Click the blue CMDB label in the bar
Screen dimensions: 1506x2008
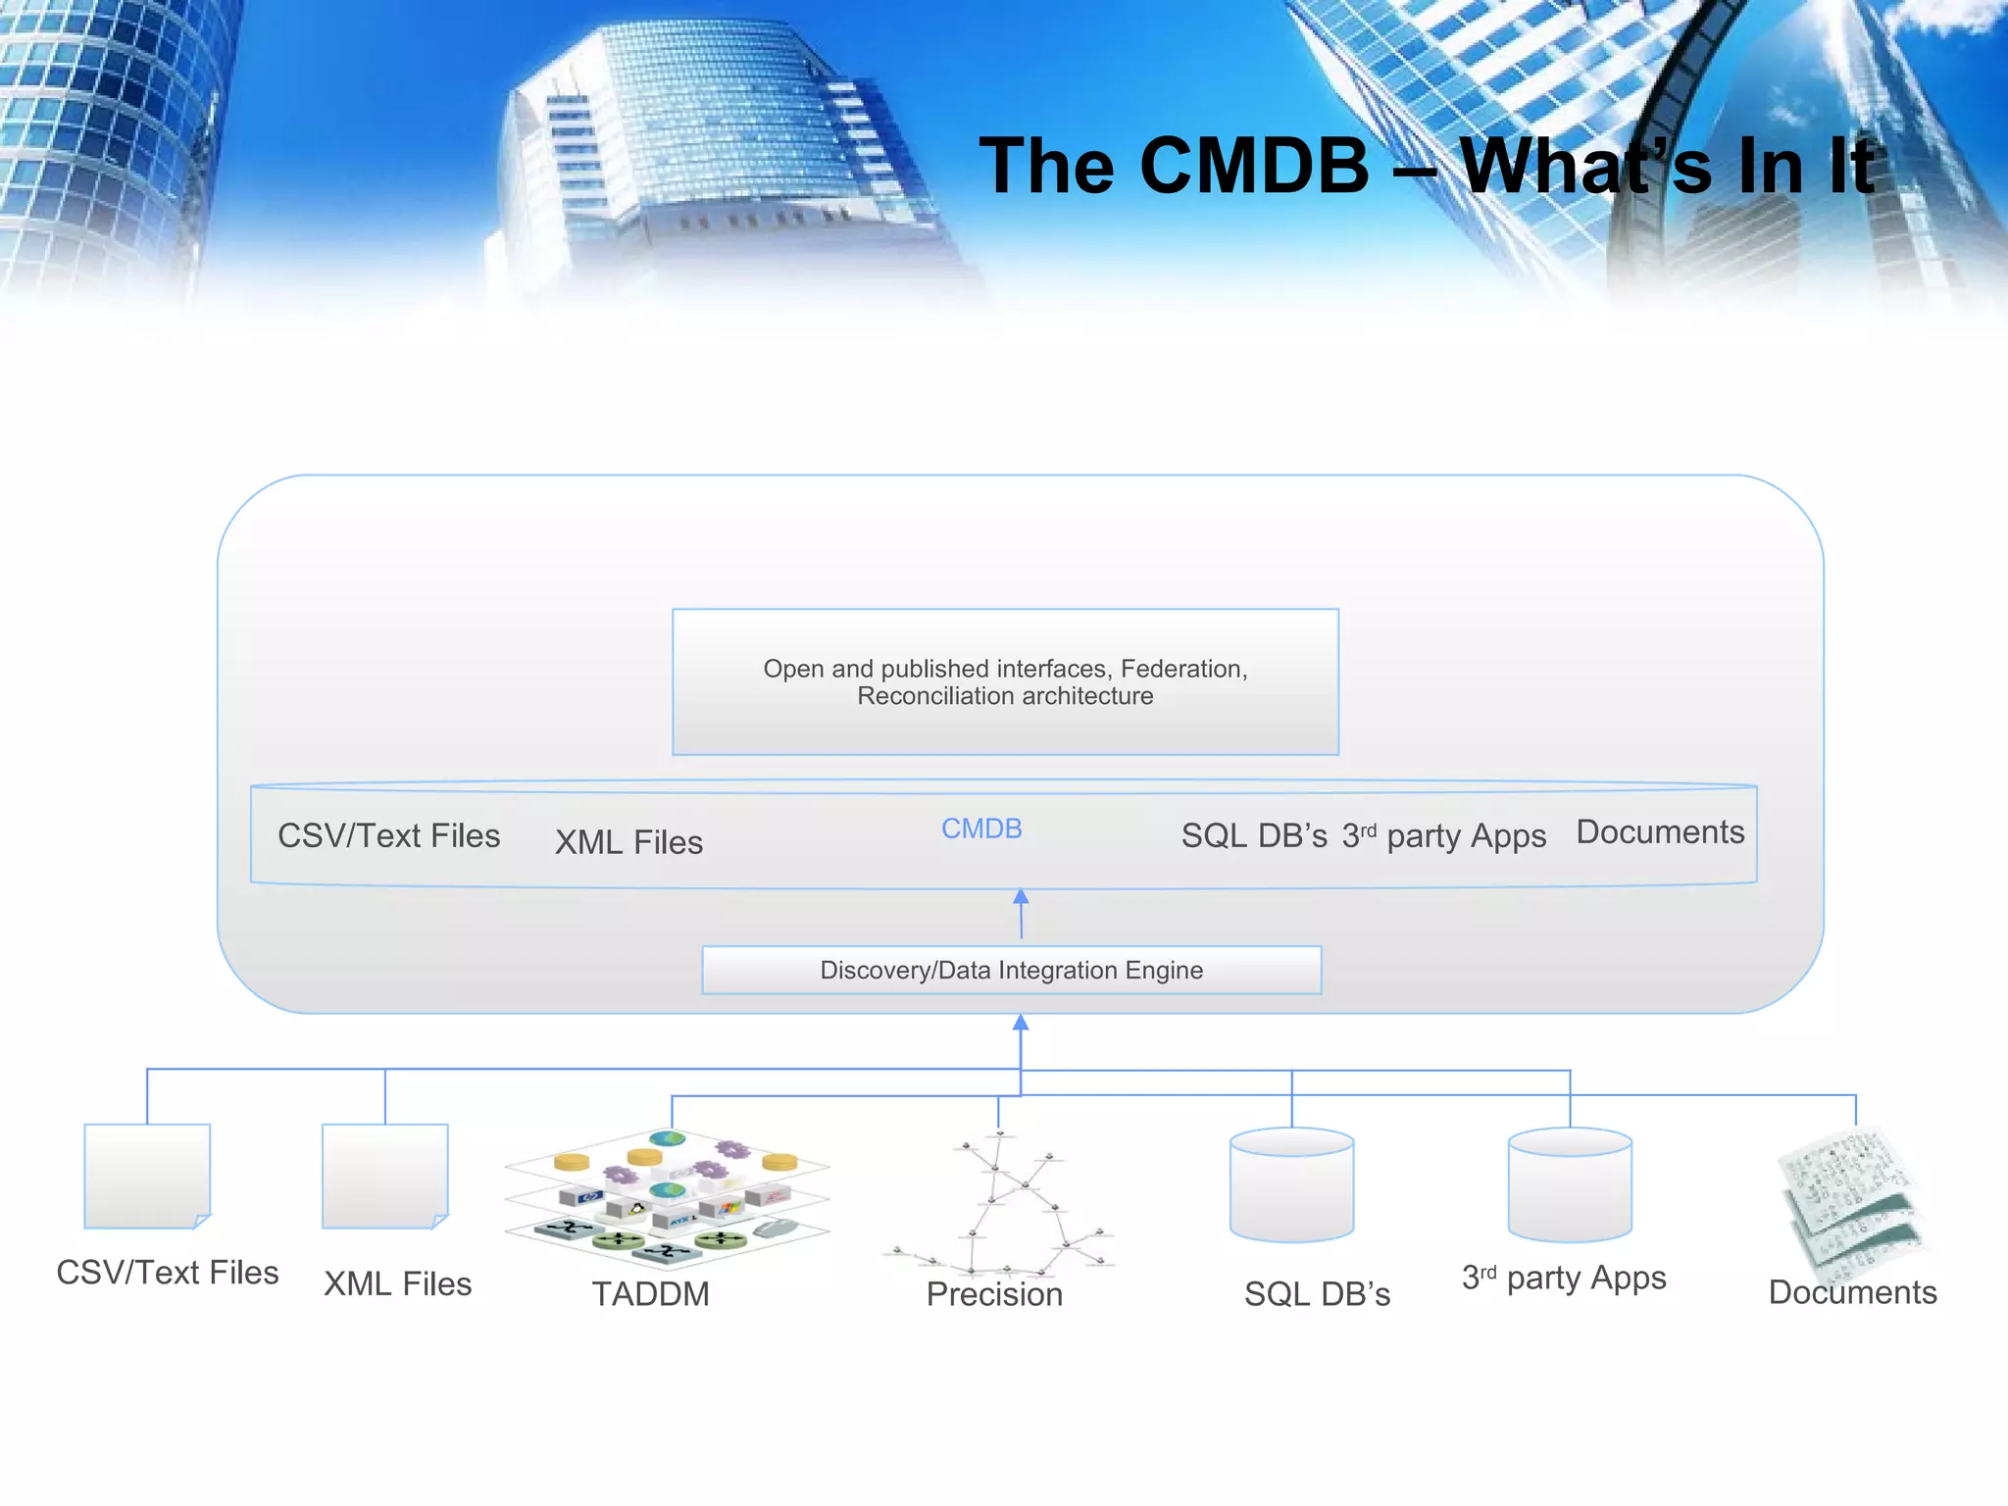pyautogui.click(x=981, y=829)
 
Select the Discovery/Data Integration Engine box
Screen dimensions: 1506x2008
pyautogui.click(x=1011, y=970)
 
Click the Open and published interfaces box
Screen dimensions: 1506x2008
pyautogui.click(x=1005, y=681)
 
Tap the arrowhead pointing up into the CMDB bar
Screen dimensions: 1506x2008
pyautogui.click(x=1021, y=896)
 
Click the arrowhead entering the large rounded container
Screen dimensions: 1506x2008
pyautogui.click(x=1021, y=1023)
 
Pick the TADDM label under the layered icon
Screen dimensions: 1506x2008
pyautogui.click(x=650, y=1294)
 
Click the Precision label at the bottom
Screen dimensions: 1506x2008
pyautogui.click(x=994, y=1294)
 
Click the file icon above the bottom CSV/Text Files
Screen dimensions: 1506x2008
pyautogui.click(x=147, y=1175)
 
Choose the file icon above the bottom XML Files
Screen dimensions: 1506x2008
pyautogui.click(x=385, y=1175)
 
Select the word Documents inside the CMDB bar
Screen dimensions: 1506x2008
pyautogui.click(x=1660, y=832)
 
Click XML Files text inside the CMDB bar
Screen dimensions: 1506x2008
pyautogui.click(x=628, y=842)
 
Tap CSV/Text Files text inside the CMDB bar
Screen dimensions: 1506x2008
pyautogui.click(x=388, y=836)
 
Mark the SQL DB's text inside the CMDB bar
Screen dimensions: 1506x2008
pyautogui.click(x=1253, y=836)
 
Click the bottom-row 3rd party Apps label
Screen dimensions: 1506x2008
pyautogui.click(x=1564, y=1279)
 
